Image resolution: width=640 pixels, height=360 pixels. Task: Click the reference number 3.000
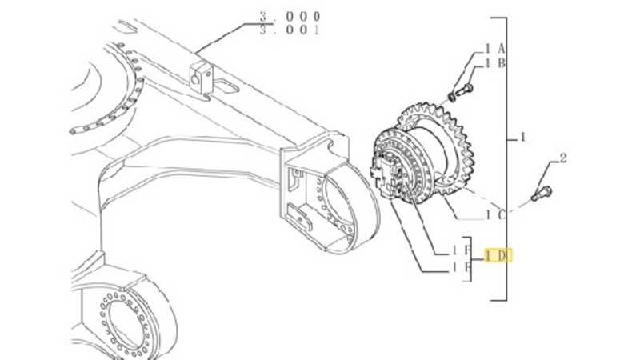(x=290, y=16)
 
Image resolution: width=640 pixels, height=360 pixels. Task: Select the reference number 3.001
(x=290, y=30)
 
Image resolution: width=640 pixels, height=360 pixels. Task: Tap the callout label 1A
(x=494, y=50)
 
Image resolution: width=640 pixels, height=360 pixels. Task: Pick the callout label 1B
(x=494, y=63)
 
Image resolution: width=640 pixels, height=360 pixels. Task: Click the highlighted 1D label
(x=497, y=255)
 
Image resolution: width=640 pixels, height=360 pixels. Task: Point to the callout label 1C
(x=494, y=214)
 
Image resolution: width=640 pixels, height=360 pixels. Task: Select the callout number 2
(x=562, y=158)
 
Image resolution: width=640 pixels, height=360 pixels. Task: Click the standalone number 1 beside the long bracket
(x=523, y=138)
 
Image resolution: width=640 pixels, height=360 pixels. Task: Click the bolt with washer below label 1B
(x=462, y=91)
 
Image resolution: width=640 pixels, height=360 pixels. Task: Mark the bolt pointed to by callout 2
(x=542, y=193)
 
